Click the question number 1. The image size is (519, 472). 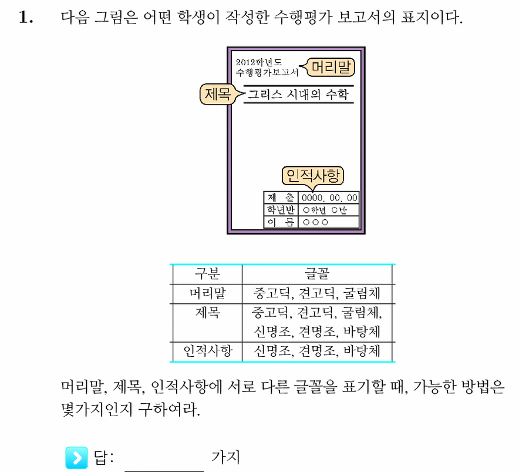pyautogui.click(x=26, y=17)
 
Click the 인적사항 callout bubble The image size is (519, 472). pyautogui.click(x=313, y=176)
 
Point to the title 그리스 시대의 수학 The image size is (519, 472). pyautogui.click(x=298, y=95)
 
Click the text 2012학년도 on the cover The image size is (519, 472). pyautogui.click(x=258, y=62)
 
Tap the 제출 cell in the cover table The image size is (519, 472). pyautogui.click(x=281, y=198)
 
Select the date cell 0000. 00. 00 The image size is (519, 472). pyautogui.click(x=329, y=198)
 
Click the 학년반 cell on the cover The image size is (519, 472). pyautogui.click(x=281, y=210)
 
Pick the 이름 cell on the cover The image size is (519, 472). pyautogui.click(x=281, y=222)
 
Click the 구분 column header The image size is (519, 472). pyautogui.click(x=207, y=274)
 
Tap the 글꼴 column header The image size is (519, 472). pyautogui.click(x=317, y=274)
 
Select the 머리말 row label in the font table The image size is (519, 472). pyautogui.click(x=207, y=293)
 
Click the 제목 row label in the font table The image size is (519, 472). pyautogui.click(x=207, y=313)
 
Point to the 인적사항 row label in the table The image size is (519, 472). pyautogui.click(x=207, y=351)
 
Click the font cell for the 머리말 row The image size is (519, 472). pyautogui.click(x=317, y=293)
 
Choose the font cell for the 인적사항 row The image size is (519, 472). pyautogui.click(x=317, y=351)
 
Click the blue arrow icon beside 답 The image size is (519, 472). pyautogui.click(x=76, y=458)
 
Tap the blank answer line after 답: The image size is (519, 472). pyautogui.click(x=164, y=471)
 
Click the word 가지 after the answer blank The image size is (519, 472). pyautogui.click(x=225, y=457)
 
